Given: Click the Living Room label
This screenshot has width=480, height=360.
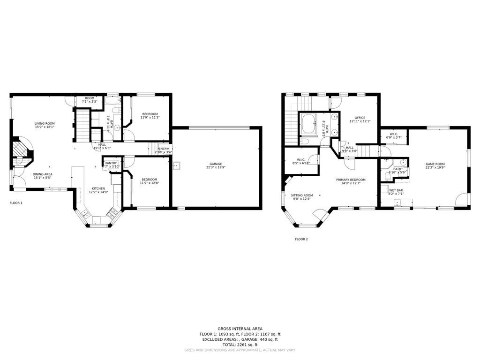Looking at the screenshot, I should coord(45,123).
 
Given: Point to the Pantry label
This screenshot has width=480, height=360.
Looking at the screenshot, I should coord(111,163).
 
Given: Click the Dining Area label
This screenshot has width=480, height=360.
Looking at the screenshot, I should coord(42,174).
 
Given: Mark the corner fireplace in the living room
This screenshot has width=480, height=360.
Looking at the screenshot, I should coord(21,150).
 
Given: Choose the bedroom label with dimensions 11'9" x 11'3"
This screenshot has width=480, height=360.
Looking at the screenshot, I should coord(150,114).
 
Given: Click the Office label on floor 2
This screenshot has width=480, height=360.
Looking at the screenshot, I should coord(360,118).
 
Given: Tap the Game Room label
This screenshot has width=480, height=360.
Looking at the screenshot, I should coord(435,164).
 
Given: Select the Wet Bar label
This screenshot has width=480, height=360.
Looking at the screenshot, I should coord(396,190).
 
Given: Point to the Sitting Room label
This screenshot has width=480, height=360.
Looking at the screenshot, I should coord(302,195).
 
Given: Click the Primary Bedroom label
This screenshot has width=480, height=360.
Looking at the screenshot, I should coord(351,180).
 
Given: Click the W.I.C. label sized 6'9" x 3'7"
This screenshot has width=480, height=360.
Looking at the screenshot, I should coord(393,134).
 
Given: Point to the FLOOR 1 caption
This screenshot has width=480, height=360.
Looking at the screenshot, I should coord(16,203).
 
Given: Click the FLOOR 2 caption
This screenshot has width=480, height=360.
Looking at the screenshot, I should coord(301,239).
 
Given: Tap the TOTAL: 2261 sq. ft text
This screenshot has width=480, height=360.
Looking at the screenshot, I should coord(240,345).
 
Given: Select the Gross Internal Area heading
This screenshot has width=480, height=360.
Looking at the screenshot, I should coord(240,329).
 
